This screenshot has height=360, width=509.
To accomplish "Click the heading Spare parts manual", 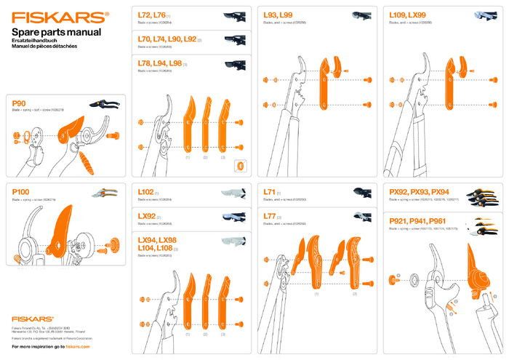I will point(56,33).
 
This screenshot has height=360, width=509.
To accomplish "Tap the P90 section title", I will point(20,103).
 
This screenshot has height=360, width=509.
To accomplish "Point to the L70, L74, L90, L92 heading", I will point(167,39).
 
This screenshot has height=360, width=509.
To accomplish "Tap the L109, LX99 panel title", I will point(408,15).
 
